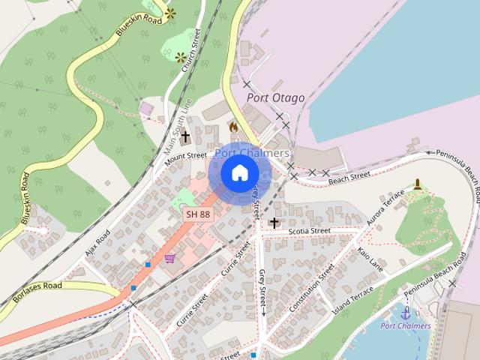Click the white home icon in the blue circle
[x=239, y=172]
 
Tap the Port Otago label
[x=277, y=98]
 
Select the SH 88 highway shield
[x=198, y=214]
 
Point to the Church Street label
[x=191, y=50]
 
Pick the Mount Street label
[x=185, y=157]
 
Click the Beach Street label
[x=349, y=177]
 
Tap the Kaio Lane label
[x=370, y=258]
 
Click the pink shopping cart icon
[x=170, y=258]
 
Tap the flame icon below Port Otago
[x=234, y=127]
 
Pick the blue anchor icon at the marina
[x=406, y=313]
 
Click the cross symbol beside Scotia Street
[x=274, y=223]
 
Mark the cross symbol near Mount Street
[x=185, y=137]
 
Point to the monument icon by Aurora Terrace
[x=418, y=184]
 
